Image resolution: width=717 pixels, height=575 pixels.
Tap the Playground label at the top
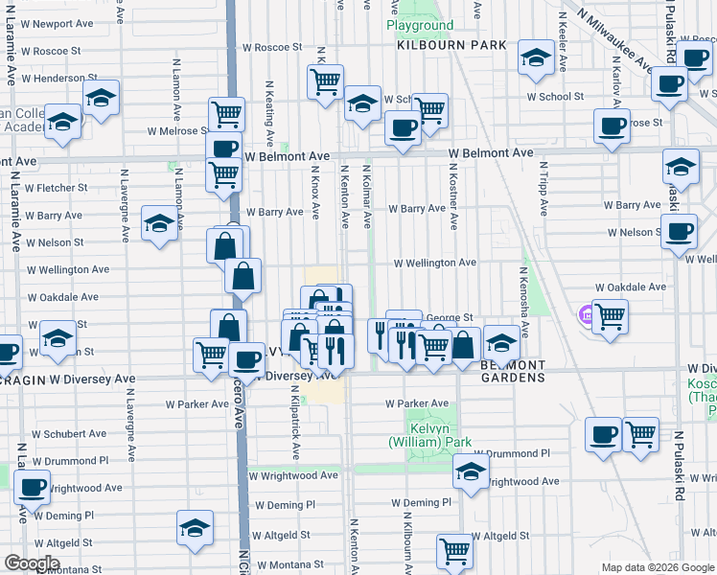(419, 25)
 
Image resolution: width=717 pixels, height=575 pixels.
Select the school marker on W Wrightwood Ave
(471, 471)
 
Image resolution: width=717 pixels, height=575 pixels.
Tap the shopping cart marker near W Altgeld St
(454, 550)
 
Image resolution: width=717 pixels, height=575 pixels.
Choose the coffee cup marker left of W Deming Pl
(32, 487)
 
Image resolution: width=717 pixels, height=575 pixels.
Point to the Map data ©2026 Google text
(657, 567)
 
